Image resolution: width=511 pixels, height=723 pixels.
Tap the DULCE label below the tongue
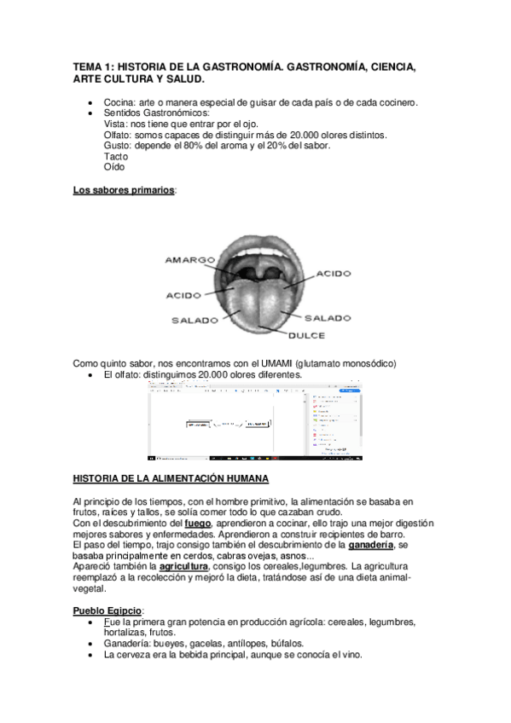point(306,335)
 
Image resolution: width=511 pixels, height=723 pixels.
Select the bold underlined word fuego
point(198,523)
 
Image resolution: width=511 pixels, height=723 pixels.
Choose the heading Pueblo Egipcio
point(107,610)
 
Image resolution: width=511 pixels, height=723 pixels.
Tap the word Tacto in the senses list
point(116,156)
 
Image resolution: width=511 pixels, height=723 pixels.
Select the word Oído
point(114,167)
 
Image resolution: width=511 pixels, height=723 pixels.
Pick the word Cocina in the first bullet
point(120,103)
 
